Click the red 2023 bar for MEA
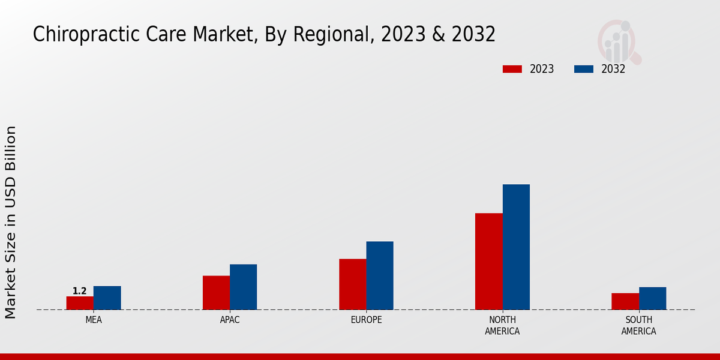[x=80, y=303]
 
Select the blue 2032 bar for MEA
[x=107, y=298]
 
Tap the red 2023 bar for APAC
[x=216, y=293]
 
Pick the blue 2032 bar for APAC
[x=243, y=287]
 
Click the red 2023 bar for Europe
[x=352, y=284]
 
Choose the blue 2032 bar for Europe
[x=380, y=275]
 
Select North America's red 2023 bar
[x=488, y=262]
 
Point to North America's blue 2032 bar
[x=516, y=247]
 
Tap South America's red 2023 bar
[x=625, y=301]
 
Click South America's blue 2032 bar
[x=652, y=298]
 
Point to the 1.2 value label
[x=80, y=291]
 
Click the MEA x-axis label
[x=94, y=320]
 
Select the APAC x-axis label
[x=230, y=320]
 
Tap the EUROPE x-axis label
[x=366, y=320]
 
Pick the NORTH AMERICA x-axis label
[x=503, y=326]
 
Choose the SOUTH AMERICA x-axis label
[x=638, y=326]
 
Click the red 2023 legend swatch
[x=512, y=69]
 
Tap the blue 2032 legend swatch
[x=584, y=69]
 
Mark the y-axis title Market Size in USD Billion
[x=11, y=222]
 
